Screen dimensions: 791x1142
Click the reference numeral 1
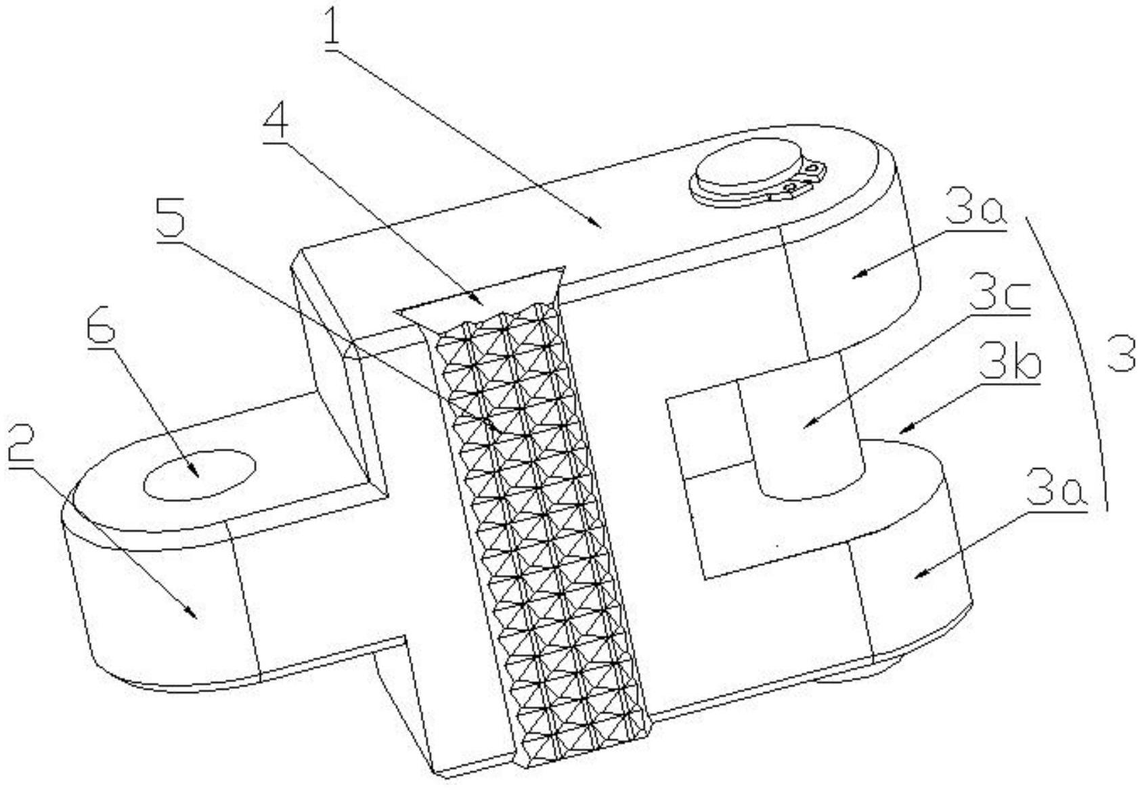point(332,28)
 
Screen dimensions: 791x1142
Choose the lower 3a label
point(1055,487)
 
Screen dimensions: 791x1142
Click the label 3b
point(1009,362)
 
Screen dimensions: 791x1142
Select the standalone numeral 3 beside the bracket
point(1120,355)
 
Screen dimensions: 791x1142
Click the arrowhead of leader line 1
point(596,223)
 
